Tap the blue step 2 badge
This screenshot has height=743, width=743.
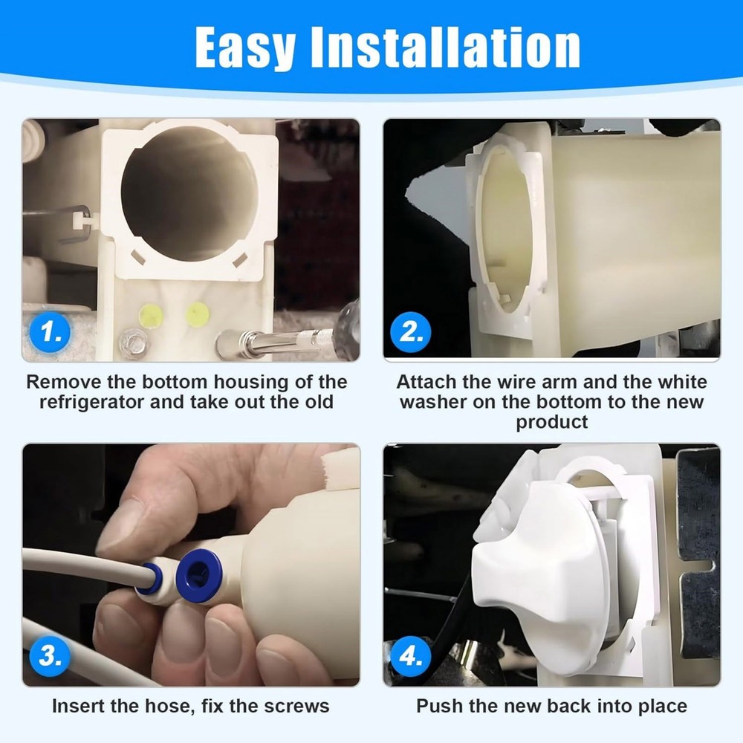point(411,332)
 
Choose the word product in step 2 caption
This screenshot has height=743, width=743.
point(552,422)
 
